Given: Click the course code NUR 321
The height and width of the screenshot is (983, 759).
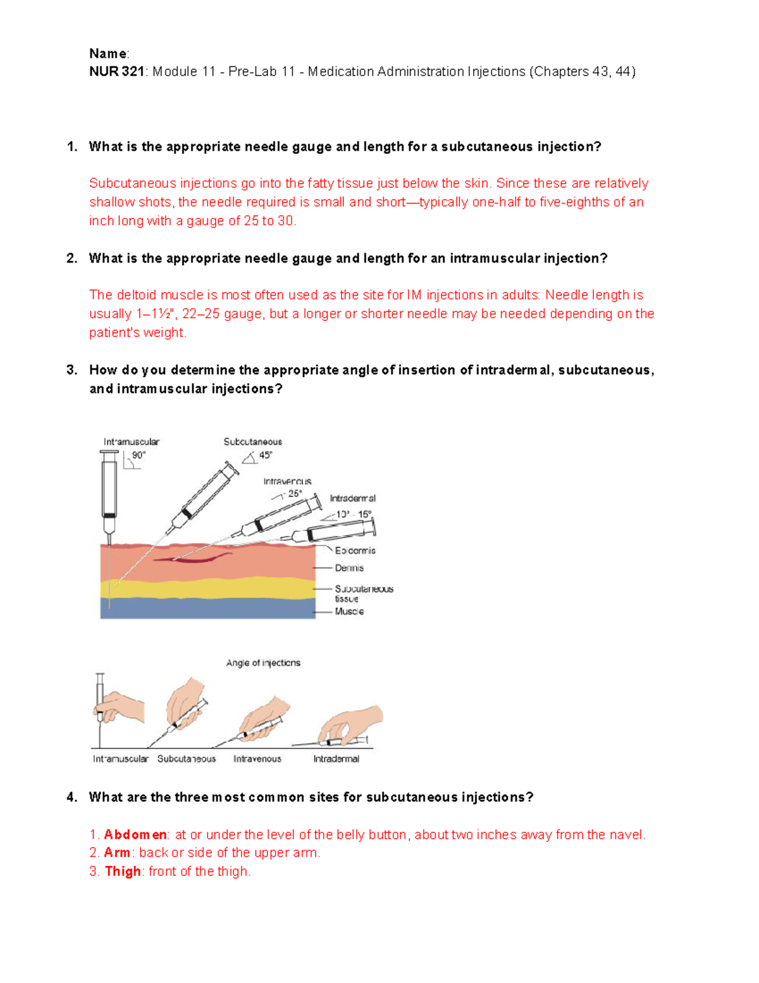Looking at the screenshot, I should pos(116,72).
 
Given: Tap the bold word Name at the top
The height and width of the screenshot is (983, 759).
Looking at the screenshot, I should pos(108,53).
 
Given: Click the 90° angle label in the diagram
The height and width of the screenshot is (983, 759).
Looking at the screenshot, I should pos(139,455).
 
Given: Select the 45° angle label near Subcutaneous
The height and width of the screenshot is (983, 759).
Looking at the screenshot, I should pos(266,455).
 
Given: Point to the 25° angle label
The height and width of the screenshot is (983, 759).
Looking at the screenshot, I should pos(295,494).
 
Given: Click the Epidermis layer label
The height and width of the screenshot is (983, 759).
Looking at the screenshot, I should pos(355,551).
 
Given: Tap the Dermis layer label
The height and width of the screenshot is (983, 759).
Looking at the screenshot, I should pos(349,568).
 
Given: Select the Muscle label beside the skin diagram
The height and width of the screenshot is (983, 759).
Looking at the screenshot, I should pos(349,611).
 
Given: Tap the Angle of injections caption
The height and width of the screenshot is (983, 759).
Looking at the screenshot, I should pos(263,663).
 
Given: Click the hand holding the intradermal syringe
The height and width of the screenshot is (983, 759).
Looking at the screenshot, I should pos(354,722).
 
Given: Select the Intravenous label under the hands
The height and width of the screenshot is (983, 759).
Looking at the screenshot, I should pos(257,758).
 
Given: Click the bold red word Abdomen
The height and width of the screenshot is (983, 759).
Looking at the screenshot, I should pos(135,834).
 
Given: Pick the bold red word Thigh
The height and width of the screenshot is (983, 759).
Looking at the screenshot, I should pos(123,872).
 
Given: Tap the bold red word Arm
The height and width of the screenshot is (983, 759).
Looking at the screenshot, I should pos(117,853).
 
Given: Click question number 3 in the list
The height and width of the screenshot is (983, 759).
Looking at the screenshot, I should pos(71,370).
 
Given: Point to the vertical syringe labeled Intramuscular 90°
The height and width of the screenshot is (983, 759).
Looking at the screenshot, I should pos(109,494).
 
